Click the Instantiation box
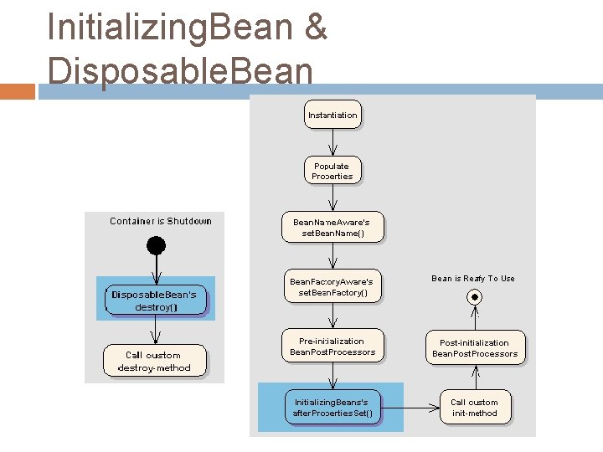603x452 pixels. tap(332, 115)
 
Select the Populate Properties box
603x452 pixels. tap(332, 171)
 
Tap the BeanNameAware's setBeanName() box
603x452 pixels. tap(332, 229)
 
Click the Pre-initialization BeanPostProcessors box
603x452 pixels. tap(332, 347)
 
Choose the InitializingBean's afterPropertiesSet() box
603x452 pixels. tap(332, 408)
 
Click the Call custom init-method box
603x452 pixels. tap(475, 408)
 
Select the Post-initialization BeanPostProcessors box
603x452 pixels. tap(475, 348)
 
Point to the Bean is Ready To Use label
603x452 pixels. tap(473, 279)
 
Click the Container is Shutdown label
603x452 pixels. tap(161, 221)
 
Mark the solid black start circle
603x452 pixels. tap(156, 245)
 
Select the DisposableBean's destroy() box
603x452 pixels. tap(155, 300)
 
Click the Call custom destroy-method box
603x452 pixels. tap(154, 362)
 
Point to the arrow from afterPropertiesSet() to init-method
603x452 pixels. tap(410, 408)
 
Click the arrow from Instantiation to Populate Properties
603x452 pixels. tap(332, 141)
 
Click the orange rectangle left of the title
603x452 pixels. tap(18, 91)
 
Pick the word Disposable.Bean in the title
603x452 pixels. tap(180, 70)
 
